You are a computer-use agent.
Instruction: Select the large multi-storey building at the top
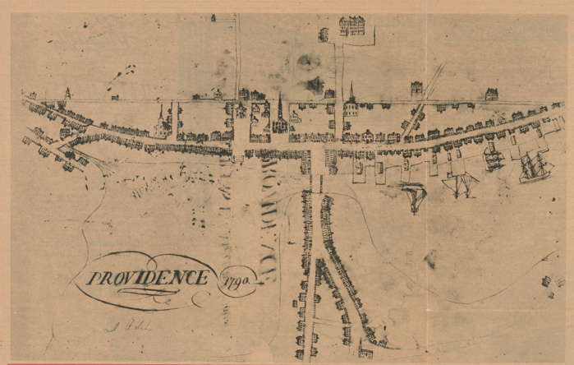[x=351, y=26]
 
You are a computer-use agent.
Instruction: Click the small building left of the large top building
[x=323, y=34]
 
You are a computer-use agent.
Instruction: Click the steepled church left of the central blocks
[x=162, y=122]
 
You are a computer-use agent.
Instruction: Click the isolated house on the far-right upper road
[x=491, y=94]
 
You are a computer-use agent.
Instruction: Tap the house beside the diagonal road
[x=417, y=88]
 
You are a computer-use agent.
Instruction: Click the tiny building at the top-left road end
[x=213, y=17]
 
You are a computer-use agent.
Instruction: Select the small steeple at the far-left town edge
[x=67, y=94]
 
